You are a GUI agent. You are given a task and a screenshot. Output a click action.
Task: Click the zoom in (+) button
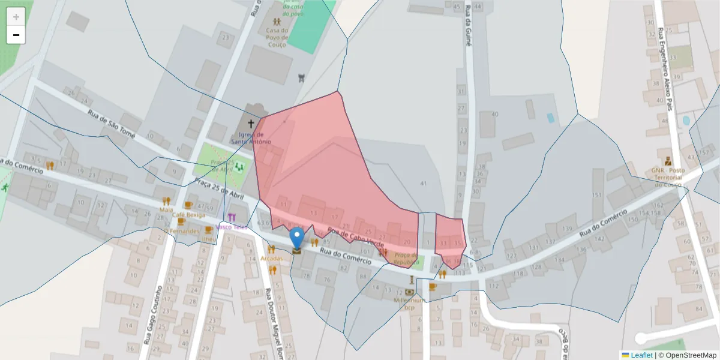coord(16,16)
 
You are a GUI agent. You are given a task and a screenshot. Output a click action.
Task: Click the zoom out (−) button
coord(16,35)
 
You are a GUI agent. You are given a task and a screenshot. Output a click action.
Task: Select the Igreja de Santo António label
coord(251,138)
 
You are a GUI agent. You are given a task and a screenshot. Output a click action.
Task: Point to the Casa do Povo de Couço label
coord(277,36)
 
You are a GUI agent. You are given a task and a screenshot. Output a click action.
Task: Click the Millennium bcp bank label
coord(409,304)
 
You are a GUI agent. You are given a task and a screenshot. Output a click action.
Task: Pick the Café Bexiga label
coord(188,214)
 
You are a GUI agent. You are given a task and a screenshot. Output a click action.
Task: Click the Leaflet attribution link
coord(641,355)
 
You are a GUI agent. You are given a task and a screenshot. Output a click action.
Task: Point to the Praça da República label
coord(406,259)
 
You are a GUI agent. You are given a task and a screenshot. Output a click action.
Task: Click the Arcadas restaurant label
coord(272,258)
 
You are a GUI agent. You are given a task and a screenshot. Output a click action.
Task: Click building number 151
coord(596,195)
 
